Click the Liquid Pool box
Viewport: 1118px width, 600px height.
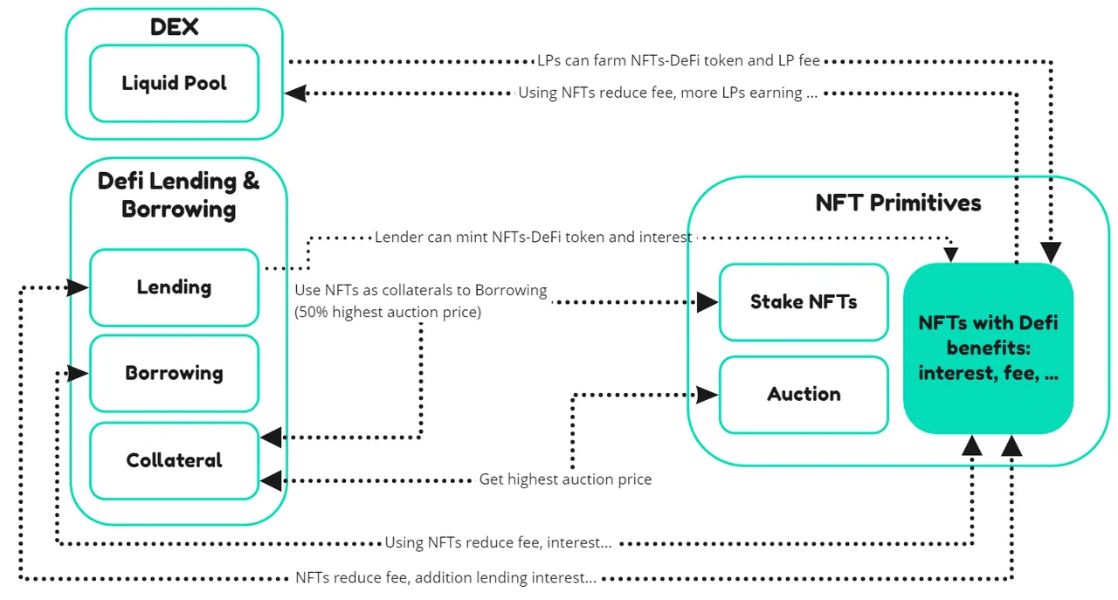[174, 83]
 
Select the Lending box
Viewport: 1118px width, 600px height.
[174, 287]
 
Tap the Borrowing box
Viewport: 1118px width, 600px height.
[174, 374]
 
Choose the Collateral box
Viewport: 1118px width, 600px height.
[174, 461]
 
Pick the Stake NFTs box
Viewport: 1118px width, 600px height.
[804, 302]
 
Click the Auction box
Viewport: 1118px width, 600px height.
[804, 395]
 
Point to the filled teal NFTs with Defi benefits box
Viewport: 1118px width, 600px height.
[988, 348]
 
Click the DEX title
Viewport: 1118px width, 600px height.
[174, 27]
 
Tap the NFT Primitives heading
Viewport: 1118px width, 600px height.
[898, 203]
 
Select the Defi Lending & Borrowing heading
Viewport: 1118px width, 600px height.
[178, 195]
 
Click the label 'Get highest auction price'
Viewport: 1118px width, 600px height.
[565, 479]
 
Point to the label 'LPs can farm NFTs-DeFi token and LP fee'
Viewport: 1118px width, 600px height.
[679, 60]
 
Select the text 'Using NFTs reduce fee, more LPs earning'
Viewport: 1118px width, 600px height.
[660, 93]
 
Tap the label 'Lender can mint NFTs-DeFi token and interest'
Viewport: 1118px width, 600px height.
[533, 237]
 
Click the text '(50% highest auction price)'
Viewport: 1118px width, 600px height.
[388, 312]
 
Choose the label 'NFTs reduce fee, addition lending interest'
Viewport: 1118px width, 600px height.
[445, 577]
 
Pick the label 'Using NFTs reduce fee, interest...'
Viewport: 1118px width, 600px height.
[498, 542]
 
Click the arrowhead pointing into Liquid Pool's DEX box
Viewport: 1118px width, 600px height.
[295, 93]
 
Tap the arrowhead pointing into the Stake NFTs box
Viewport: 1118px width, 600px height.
[707, 302]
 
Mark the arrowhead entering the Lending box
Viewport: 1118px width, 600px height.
[78, 287]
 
